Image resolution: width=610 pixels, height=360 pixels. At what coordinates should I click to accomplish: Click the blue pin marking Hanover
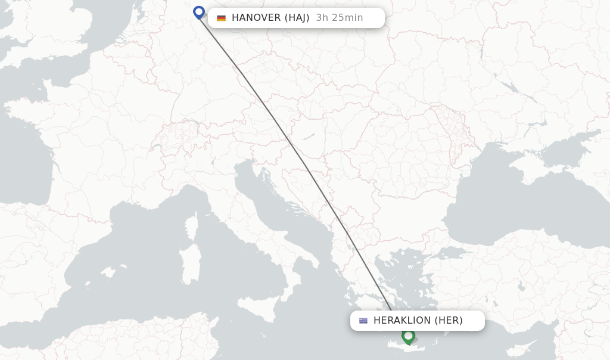(x=199, y=12)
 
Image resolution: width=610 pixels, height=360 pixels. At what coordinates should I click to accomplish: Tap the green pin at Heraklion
(x=408, y=336)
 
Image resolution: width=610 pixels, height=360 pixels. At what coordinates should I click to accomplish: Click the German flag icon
(x=222, y=18)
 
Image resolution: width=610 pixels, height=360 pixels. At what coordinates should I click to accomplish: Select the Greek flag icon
(x=363, y=321)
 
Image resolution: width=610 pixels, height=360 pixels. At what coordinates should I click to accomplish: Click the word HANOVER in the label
(x=256, y=18)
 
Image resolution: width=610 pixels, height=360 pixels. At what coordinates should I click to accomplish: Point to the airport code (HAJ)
(x=295, y=18)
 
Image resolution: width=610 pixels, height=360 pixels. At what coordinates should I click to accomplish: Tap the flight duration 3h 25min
(x=340, y=18)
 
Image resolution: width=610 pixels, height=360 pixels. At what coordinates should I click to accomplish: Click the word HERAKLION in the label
(x=402, y=321)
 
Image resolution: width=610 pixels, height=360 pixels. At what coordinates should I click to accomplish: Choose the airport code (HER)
(x=449, y=321)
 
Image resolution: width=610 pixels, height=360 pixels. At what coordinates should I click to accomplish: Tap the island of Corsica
(x=192, y=226)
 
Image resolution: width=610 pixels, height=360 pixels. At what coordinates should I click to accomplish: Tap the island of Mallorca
(x=107, y=272)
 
